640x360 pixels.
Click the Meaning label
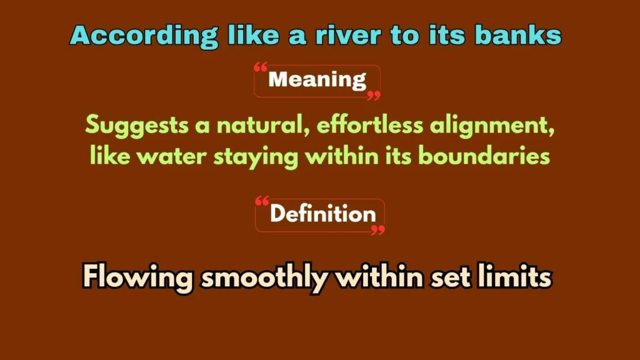click(317, 80)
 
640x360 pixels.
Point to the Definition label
click(322, 214)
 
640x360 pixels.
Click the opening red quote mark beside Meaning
click(261, 67)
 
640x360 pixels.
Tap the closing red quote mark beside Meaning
click(373, 96)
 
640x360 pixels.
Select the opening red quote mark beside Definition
click(262, 201)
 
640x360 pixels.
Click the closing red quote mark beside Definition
click(377, 230)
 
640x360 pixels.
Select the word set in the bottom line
click(449, 276)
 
